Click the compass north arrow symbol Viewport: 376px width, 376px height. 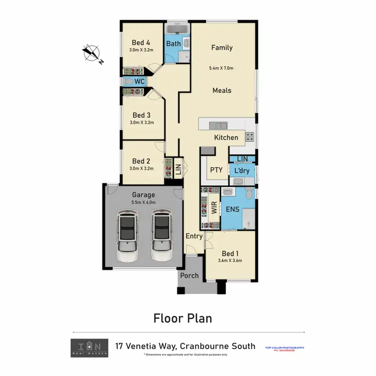(92, 53)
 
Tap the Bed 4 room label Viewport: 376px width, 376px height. (141, 43)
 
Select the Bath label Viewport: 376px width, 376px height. (173, 44)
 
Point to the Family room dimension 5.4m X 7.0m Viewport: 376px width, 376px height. (222, 68)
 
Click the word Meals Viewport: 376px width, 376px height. (222, 90)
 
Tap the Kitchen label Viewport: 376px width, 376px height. (226, 137)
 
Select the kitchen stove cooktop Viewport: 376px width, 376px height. (250, 135)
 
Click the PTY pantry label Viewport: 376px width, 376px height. (216, 170)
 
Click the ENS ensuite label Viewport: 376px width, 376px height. (233, 209)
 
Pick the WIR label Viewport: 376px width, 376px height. (214, 208)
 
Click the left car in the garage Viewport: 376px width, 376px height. (128, 236)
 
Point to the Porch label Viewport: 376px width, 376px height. (190, 275)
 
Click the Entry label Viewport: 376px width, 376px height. (194, 236)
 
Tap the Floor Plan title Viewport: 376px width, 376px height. (182, 318)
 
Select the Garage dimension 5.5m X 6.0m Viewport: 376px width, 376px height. (143, 202)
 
